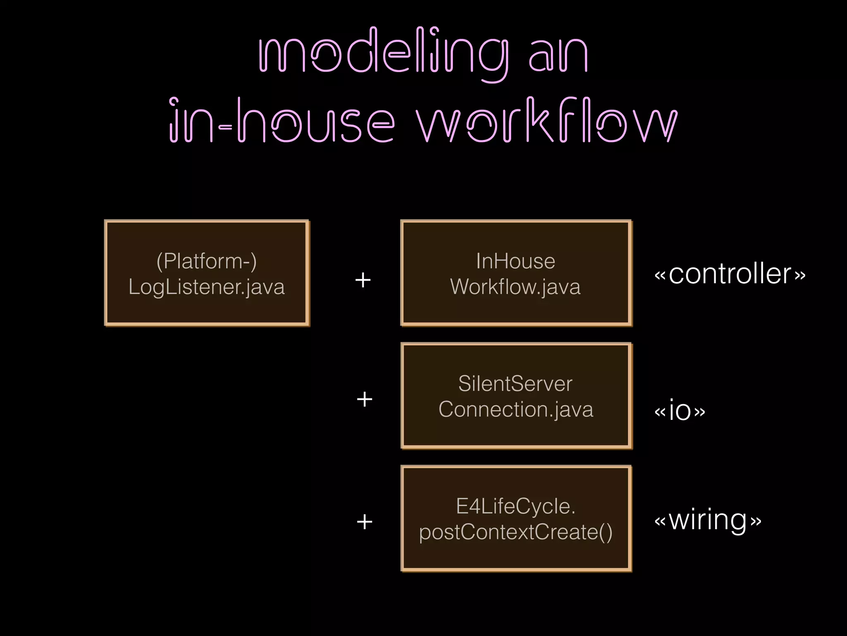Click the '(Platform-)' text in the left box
click(207, 261)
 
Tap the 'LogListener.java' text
click(207, 287)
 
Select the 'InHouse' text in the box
click(516, 261)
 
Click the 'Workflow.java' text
click(516, 287)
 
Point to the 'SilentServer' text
click(516, 383)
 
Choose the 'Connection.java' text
click(516, 410)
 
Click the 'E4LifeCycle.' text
click(516, 506)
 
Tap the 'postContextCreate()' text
click(516, 532)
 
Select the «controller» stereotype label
click(730, 274)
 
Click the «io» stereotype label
click(680, 410)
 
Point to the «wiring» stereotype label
click(708, 520)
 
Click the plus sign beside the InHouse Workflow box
click(363, 280)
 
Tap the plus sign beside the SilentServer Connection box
click(364, 400)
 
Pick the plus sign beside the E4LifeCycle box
click(364, 522)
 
